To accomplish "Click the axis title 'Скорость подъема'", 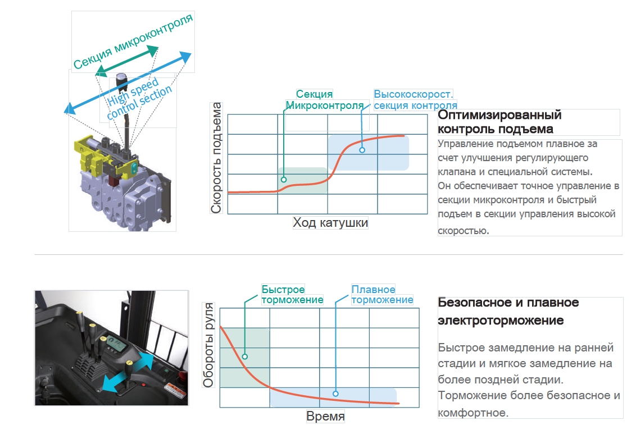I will click(x=217, y=158).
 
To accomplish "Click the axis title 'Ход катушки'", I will click(x=330, y=223).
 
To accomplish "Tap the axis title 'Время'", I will click(x=325, y=417).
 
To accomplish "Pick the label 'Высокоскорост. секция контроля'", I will click(x=415, y=100).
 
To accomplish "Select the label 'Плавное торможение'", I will click(x=382, y=295).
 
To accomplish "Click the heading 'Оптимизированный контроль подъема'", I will click(x=499, y=122).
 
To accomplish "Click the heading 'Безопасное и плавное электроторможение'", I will click(x=508, y=312).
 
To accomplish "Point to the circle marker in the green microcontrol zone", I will click(x=284, y=180).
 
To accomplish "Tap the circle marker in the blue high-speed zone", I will click(x=362, y=150).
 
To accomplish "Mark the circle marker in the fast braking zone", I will click(x=246, y=356).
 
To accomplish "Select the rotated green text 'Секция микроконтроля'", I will click(x=133, y=42).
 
